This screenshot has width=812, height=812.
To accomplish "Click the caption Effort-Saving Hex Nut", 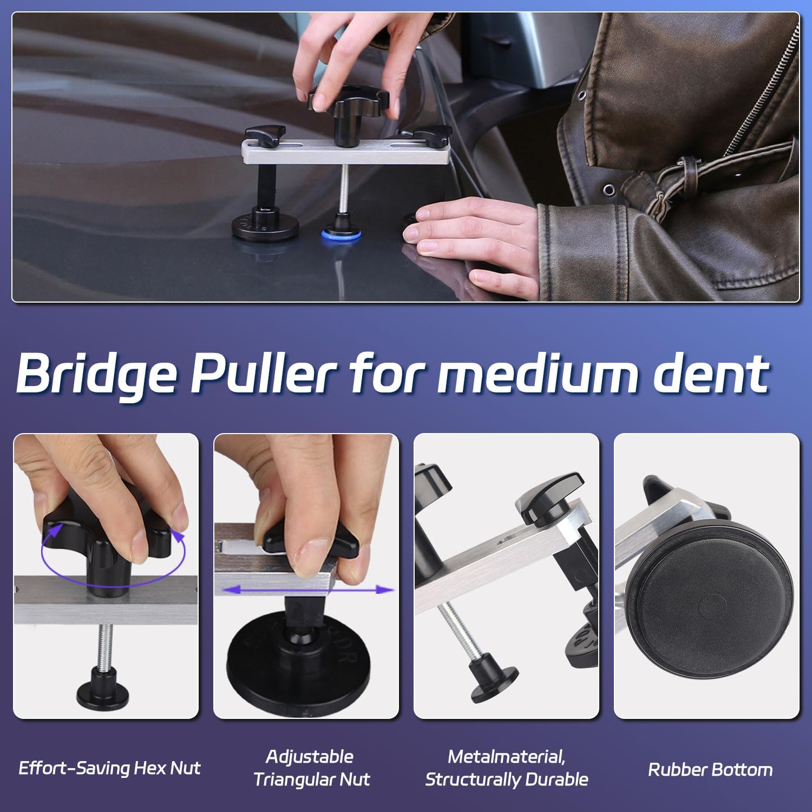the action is coord(109,768).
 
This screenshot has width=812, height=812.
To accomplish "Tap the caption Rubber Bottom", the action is coord(710,769).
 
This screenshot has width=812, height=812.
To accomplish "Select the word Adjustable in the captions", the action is coord(310,756).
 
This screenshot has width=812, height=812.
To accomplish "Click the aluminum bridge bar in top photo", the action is coord(345,152).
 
